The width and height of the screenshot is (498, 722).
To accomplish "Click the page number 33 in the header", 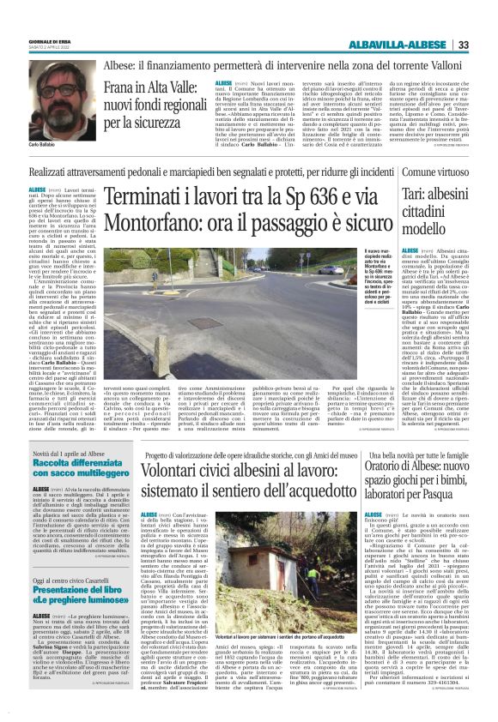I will [486, 21].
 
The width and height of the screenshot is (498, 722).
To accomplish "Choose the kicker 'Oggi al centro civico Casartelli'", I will [64, 581].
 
